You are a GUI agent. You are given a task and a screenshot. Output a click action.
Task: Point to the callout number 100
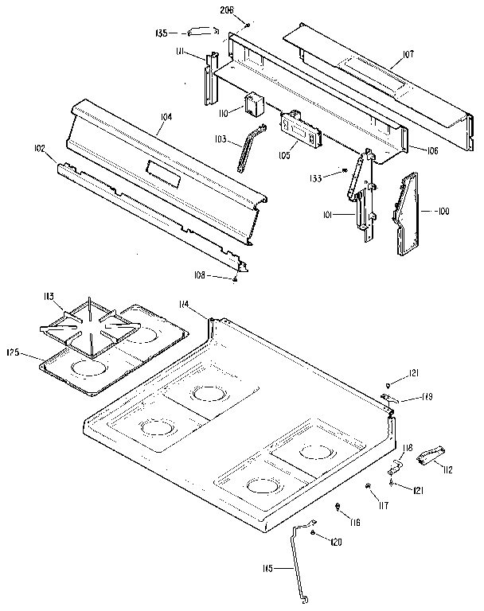[444, 211]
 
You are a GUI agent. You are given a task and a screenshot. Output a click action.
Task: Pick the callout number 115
[267, 568]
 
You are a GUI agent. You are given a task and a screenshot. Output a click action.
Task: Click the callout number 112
[447, 470]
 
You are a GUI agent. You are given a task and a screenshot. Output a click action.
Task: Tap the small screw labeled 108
[236, 278]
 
